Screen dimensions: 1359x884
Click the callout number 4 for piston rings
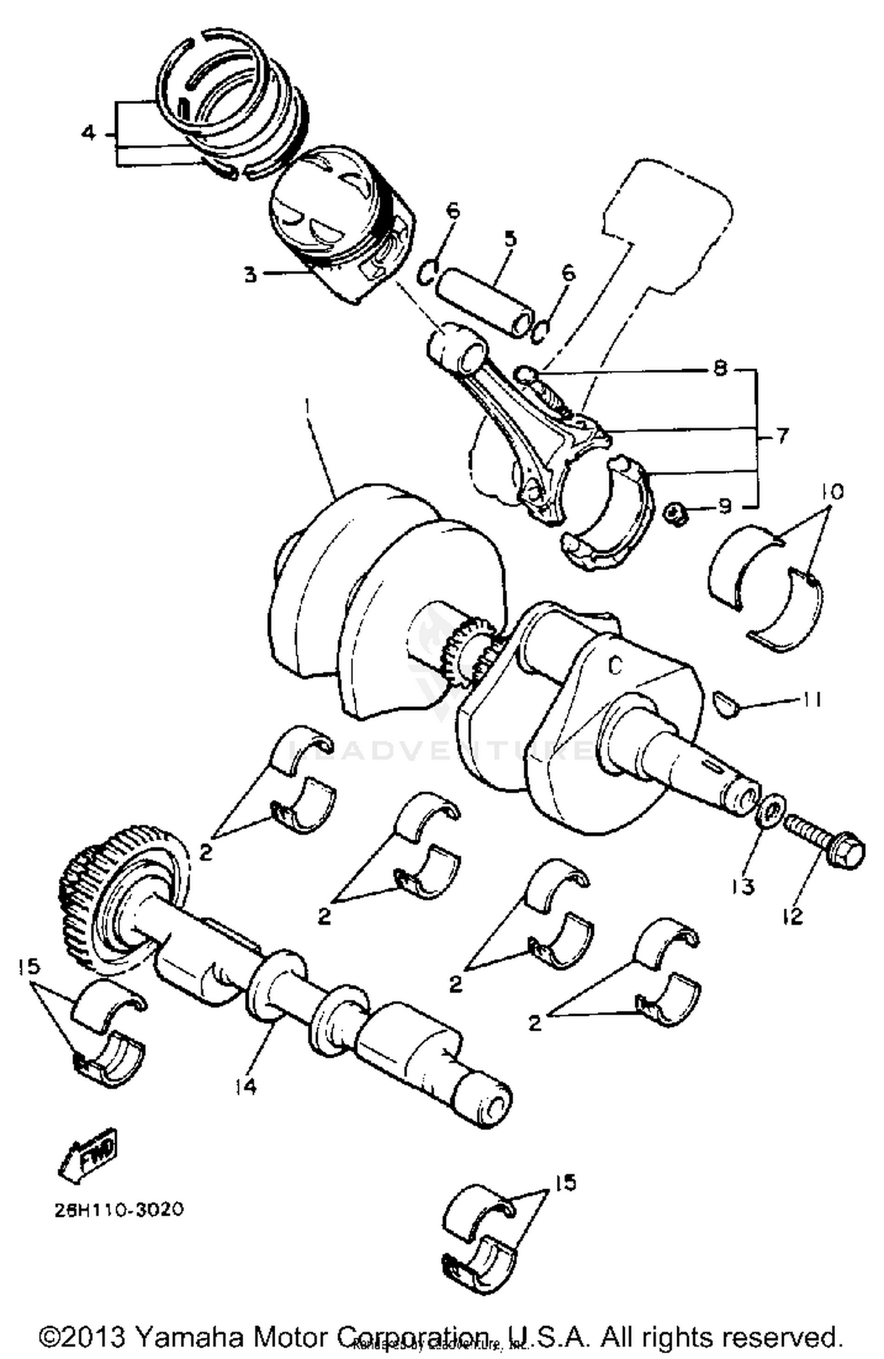coord(88,133)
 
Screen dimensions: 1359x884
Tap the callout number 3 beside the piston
coord(251,275)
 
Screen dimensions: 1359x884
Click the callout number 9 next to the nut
coord(724,506)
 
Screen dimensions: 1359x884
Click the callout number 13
coord(744,886)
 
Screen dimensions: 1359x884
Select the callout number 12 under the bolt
coord(793,917)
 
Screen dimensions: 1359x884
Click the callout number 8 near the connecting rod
coord(720,369)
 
